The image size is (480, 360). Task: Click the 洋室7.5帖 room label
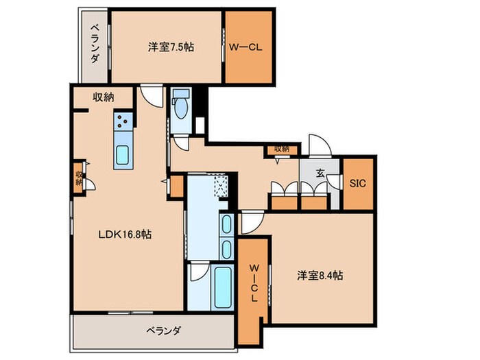171,47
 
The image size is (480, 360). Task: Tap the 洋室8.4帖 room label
320,276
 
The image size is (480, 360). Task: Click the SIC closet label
357,184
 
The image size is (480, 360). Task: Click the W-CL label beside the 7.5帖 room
245,48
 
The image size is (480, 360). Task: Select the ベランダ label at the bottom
163,331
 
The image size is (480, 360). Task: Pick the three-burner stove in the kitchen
123,121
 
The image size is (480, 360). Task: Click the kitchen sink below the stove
123,155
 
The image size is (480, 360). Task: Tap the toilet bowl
181,108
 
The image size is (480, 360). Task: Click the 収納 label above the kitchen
104,97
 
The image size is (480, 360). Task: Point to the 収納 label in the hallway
282,148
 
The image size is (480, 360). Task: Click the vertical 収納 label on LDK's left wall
80,178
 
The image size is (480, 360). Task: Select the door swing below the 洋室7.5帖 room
150,96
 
